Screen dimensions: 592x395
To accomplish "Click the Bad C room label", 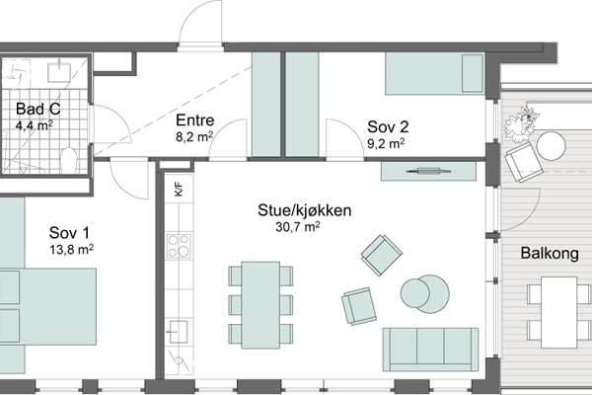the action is tap(37, 110).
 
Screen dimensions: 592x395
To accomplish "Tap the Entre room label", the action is tap(194, 120).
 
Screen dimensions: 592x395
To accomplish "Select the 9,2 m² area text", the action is tap(386, 143).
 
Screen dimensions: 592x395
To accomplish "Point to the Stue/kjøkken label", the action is tap(304, 210).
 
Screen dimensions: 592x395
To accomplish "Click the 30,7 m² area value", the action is tap(298, 226).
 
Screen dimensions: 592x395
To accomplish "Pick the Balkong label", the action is tap(550, 253).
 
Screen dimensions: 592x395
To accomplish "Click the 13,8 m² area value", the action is tap(72, 250).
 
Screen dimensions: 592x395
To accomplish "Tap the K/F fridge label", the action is tap(179, 189).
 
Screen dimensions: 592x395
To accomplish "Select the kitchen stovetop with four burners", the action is tap(179, 246).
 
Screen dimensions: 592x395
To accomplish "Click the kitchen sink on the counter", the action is tap(179, 332).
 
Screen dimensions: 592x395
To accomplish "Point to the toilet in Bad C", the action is tap(69, 161).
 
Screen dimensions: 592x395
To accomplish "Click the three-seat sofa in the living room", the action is tap(430, 350).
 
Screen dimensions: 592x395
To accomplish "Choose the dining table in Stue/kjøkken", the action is tap(260, 305).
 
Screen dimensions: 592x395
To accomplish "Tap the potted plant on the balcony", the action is tap(523, 122).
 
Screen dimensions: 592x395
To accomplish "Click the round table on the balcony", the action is tap(551, 145).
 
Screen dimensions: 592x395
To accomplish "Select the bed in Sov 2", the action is tap(434, 73).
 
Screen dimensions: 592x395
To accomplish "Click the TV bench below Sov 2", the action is tap(428, 172).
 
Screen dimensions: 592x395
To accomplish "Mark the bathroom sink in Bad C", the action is tap(59, 72).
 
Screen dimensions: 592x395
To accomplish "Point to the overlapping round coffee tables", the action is tap(425, 293).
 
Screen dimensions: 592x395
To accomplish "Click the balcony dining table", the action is tap(559, 312).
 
